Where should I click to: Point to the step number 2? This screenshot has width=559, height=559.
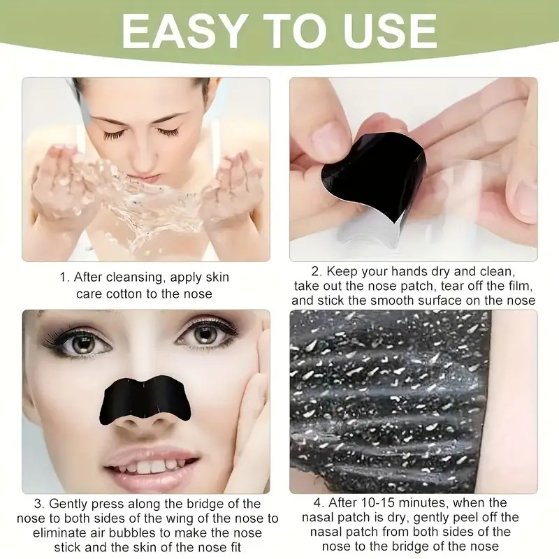click(316, 272)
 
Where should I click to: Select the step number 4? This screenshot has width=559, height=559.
click(317, 502)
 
